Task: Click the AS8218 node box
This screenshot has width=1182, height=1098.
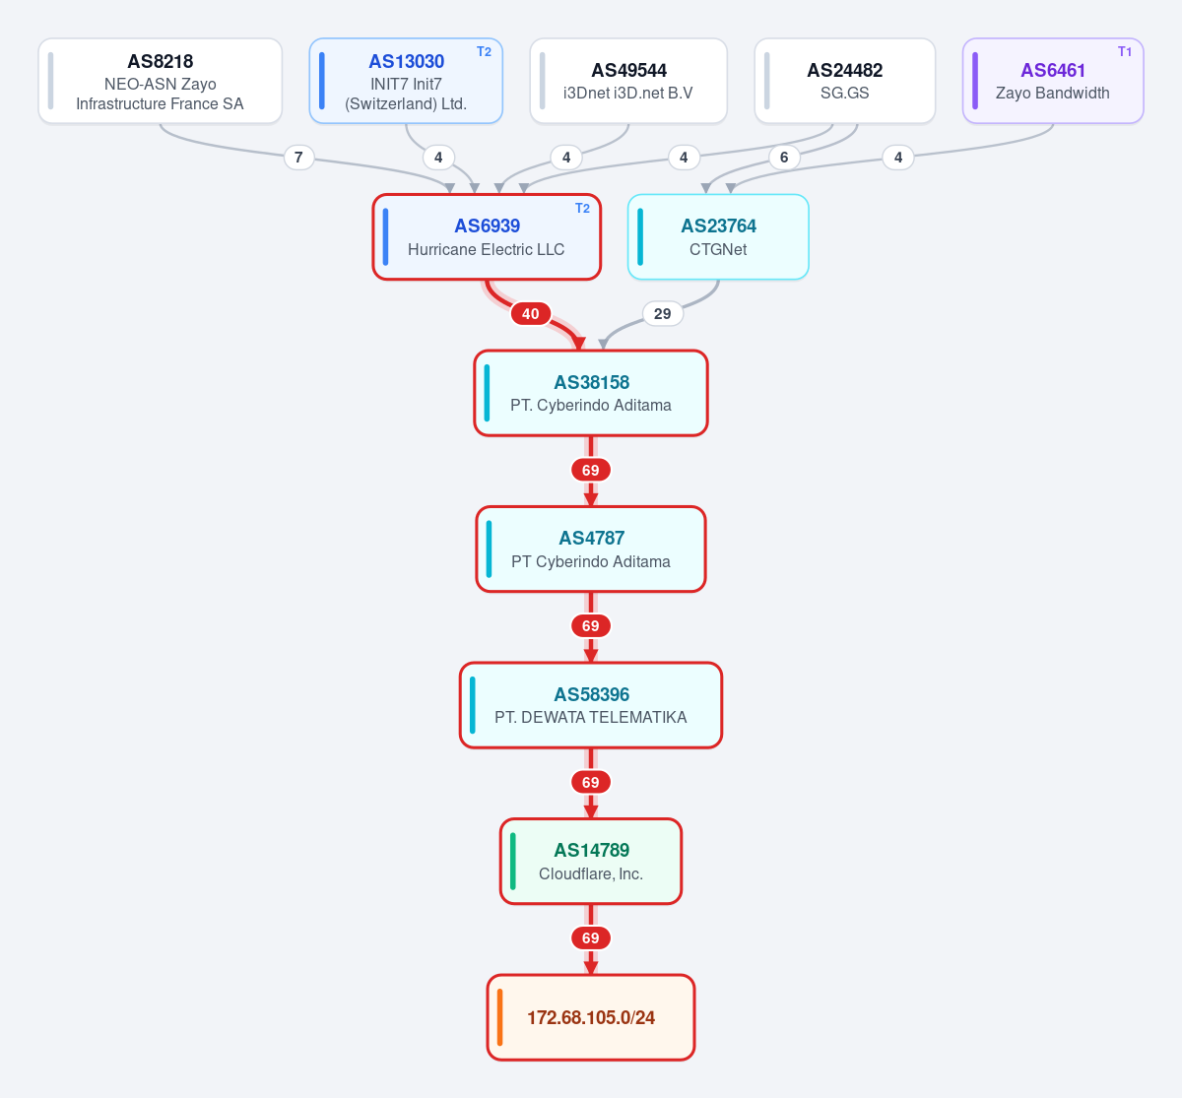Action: (x=161, y=81)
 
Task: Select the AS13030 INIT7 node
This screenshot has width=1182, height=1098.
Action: (x=406, y=81)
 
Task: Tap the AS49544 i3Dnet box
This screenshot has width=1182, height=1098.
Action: (x=628, y=81)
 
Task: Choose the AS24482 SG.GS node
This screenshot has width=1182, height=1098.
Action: (x=844, y=81)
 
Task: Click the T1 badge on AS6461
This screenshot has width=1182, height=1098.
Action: (x=1124, y=52)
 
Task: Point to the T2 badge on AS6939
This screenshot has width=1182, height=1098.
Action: (x=582, y=209)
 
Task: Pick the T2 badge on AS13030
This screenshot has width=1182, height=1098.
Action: (x=484, y=52)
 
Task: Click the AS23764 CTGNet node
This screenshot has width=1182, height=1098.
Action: (x=718, y=237)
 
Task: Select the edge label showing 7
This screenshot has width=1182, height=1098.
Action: (x=298, y=158)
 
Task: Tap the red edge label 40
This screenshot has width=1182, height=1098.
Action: (x=530, y=313)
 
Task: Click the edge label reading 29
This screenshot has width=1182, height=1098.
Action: (x=663, y=313)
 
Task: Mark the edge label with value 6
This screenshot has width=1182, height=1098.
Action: (x=784, y=158)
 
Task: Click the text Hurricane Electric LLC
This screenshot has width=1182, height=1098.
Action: (x=487, y=249)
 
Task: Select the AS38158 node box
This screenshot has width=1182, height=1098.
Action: (x=591, y=393)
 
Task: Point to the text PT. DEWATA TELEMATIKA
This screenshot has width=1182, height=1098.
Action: (x=591, y=717)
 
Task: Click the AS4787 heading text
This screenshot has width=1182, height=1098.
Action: (x=592, y=538)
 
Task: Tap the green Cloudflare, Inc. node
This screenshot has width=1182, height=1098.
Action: (x=591, y=861)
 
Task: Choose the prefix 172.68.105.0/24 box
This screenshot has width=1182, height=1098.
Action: (x=591, y=1017)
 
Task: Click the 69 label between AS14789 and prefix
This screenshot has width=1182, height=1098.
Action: (x=590, y=937)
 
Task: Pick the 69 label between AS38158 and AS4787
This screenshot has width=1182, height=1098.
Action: (x=590, y=470)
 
